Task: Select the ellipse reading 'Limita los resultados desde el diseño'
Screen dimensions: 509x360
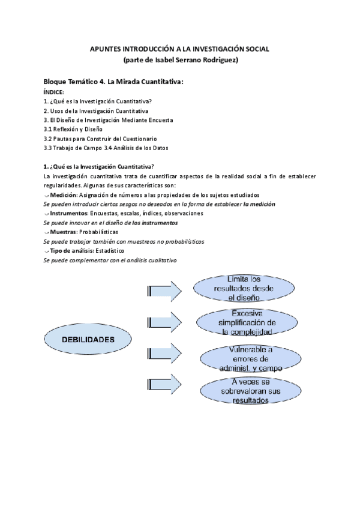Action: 245,288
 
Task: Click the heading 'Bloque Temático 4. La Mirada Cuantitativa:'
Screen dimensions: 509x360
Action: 113,81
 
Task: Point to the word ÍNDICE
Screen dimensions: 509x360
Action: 54,92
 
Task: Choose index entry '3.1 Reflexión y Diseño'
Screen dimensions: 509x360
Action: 73,129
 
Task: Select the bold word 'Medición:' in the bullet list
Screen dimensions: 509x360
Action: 64,194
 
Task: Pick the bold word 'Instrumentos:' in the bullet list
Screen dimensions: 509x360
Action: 70,213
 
